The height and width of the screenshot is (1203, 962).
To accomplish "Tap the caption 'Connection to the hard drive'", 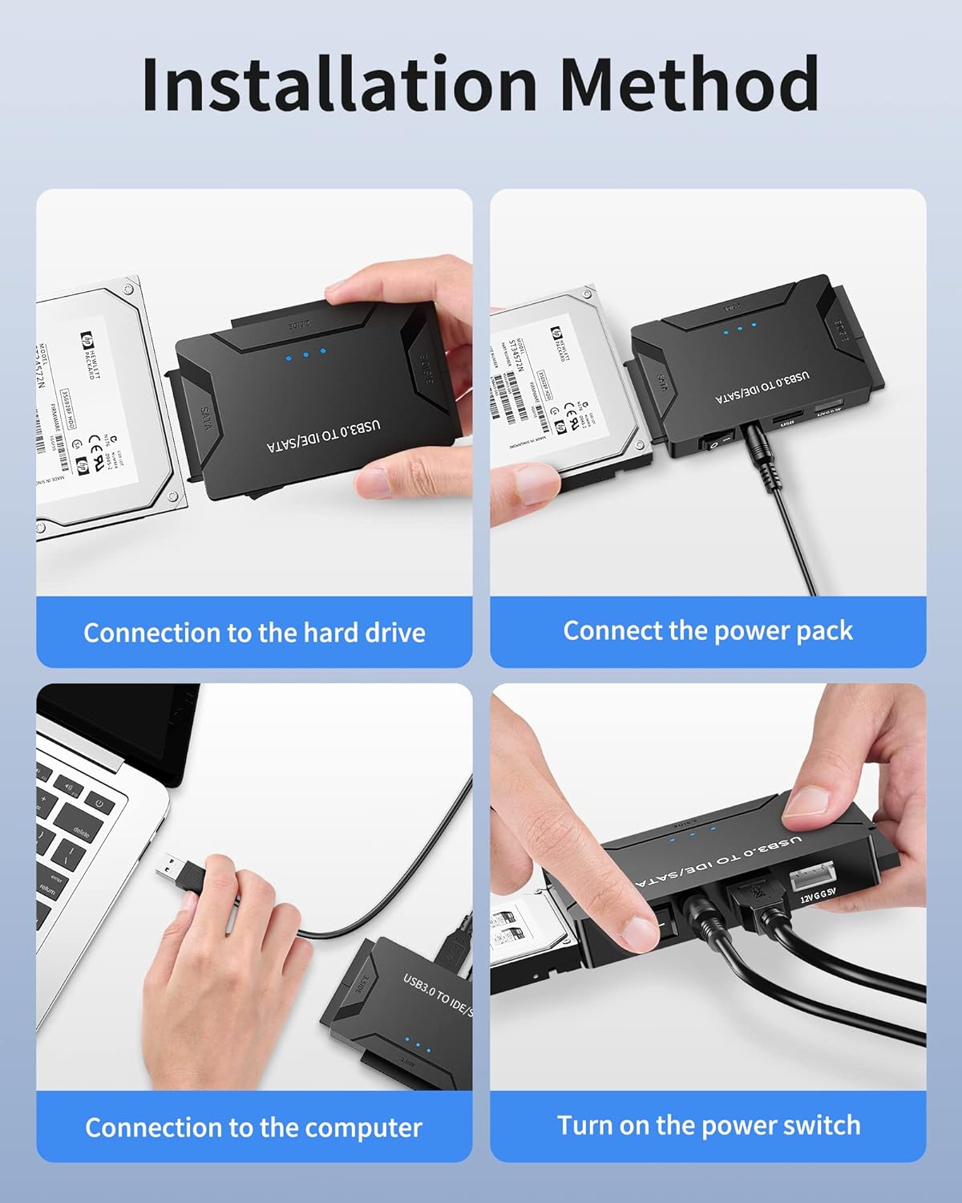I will [x=254, y=633].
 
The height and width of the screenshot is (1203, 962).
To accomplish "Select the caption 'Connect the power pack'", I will [x=708, y=630].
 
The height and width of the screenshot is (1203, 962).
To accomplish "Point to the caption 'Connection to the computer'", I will [x=253, y=1128].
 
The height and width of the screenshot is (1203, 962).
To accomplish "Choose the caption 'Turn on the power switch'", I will [x=709, y=1125].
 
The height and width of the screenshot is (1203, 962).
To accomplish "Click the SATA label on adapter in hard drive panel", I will [x=205, y=419].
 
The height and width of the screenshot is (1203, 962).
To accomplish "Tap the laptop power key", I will [x=99, y=802].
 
